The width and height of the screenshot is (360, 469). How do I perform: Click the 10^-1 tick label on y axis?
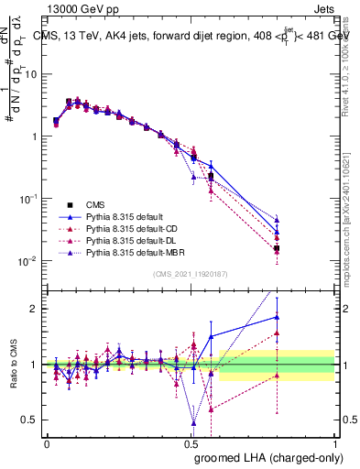click(27, 199)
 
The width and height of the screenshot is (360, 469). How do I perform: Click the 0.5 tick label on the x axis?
click(191, 442)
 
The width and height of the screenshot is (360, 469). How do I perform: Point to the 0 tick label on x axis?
click(47, 442)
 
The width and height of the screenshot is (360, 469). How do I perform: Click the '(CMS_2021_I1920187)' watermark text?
click(191, 273)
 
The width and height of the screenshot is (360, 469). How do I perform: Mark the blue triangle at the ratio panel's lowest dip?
click(193, 422)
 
